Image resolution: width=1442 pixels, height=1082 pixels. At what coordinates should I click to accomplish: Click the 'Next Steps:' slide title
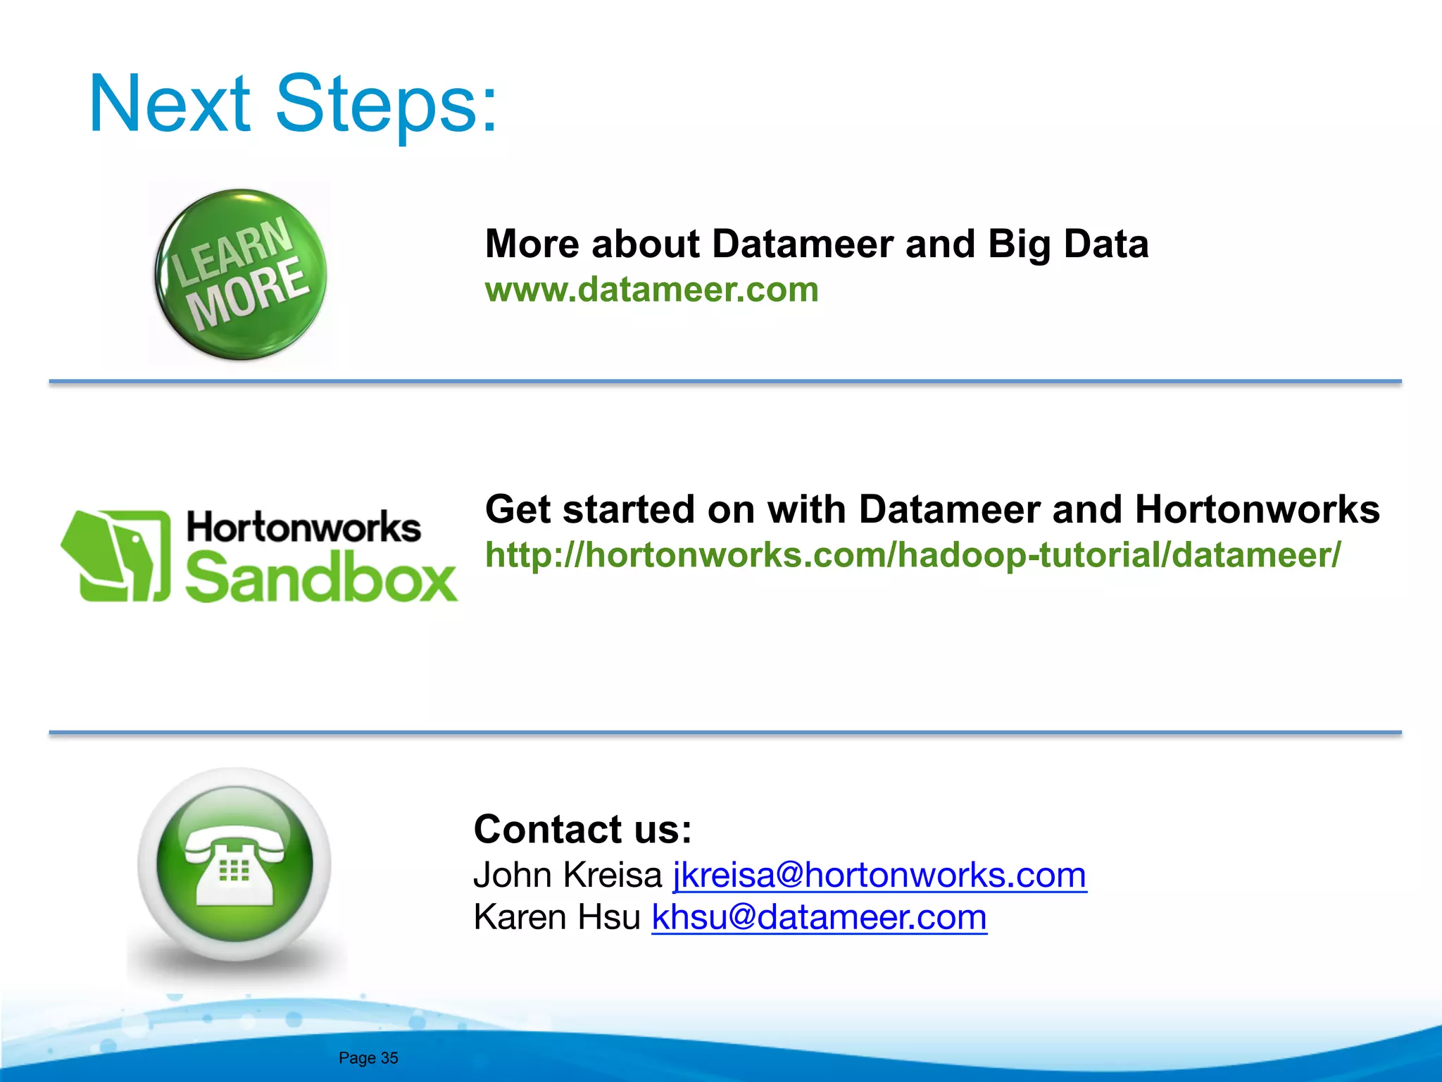[x=293, y=104]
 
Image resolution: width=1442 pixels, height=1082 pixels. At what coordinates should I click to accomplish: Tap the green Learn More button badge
[x=241, y=274]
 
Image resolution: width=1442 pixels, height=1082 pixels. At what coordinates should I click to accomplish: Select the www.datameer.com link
[x=651, y=290]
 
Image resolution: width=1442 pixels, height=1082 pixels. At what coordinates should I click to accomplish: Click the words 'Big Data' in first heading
[x=1067, y=244]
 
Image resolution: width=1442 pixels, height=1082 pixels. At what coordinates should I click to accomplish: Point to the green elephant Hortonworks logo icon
[x=117, y=556]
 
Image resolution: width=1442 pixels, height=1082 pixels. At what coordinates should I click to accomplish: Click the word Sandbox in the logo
[x=321, y=577]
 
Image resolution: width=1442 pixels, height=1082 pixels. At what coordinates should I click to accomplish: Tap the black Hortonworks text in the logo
[x=303, y=528]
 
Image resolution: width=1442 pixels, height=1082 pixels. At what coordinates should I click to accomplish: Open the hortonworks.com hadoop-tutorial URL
[x=913, y=554]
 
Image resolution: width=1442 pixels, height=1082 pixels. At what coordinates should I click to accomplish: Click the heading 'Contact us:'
[x=582, y=829]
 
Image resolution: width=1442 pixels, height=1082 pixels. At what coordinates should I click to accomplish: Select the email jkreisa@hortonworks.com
[x=879, y=875]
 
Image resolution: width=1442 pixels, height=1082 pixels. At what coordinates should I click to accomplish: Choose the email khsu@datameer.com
[x=819, y=917]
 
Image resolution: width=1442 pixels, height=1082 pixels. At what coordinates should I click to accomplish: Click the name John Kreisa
[x=568, y=875]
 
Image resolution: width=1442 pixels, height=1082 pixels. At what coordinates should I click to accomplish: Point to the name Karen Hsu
[x=556, y=917]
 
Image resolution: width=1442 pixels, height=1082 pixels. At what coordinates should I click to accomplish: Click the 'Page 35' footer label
[x=368, y=1058]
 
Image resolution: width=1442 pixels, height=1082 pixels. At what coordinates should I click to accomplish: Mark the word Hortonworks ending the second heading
[x=1257, y=509]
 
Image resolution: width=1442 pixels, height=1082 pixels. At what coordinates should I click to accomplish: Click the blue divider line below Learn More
[x=725, y=381]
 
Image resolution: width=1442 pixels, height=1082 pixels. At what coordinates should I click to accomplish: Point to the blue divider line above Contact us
[x=725, y=733]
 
